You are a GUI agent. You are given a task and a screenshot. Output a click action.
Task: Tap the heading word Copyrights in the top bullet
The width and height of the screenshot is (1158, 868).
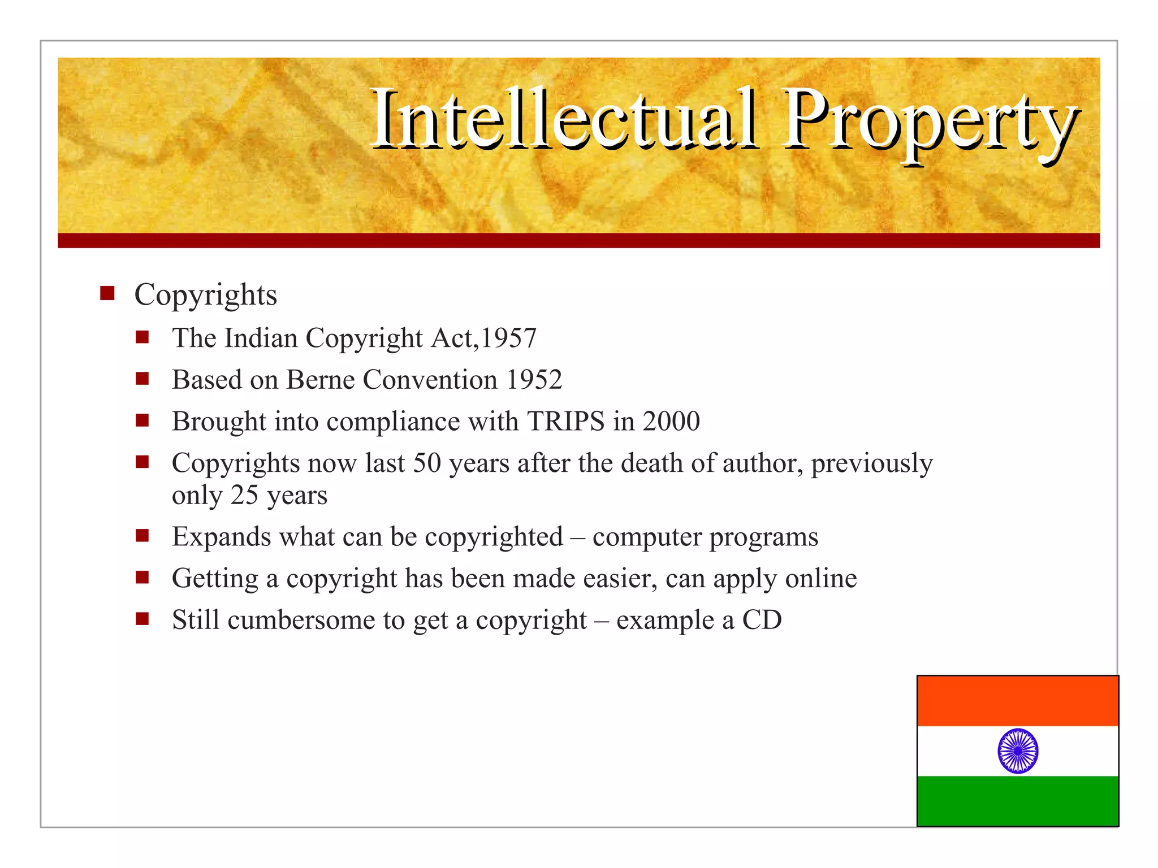point(206,295)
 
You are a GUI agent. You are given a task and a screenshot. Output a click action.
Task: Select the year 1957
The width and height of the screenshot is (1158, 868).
point(508,338)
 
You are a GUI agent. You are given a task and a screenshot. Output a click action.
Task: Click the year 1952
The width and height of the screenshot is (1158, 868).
point(534,380)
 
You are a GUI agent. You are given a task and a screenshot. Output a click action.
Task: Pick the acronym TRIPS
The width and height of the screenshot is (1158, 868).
point(565,422)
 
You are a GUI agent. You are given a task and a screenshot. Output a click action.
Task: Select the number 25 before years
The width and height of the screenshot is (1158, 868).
point(244,496)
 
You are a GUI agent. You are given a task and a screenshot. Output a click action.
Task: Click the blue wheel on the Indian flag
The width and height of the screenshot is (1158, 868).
point(1018,751)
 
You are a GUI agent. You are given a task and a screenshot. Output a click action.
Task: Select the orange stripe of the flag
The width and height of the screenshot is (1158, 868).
point(1018,701)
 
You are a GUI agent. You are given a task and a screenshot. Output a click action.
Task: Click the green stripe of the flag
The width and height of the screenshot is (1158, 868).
point(1018,801)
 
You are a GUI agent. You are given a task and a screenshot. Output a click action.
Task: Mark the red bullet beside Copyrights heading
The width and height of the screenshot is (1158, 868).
point(107,294)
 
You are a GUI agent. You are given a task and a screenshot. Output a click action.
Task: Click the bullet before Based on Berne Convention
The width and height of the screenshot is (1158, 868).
point(142,379)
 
